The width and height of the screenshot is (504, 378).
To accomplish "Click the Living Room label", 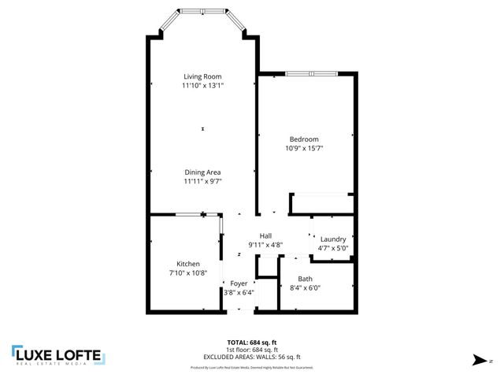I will click(x=202, y=76).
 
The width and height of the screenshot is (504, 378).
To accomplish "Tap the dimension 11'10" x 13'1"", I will click(x=202, y=85).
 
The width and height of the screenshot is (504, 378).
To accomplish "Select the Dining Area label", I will click(x=202, y=172).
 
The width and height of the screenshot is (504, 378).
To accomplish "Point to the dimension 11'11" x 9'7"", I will click(x=202, y=181).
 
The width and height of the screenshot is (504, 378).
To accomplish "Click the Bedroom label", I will click(x=303, y=139).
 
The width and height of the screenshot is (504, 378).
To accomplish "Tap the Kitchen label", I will click(x=188, y=264).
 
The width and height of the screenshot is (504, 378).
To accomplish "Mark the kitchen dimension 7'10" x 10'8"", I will click(x=188, y=272).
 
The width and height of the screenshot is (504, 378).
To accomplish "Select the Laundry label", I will click(x=334, y=239).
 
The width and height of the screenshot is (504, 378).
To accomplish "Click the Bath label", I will click(x=305, y=279).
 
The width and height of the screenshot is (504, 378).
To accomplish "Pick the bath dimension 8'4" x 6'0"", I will click(x=305, y=287).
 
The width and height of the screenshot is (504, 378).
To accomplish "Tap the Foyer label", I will click(x=239, y=283).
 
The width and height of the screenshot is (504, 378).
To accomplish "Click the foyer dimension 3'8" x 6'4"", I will click(x=239, y=292).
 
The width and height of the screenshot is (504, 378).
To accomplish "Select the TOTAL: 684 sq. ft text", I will click(x=251, y=342).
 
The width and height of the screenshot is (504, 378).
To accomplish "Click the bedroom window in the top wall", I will click(x=312, y=74).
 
